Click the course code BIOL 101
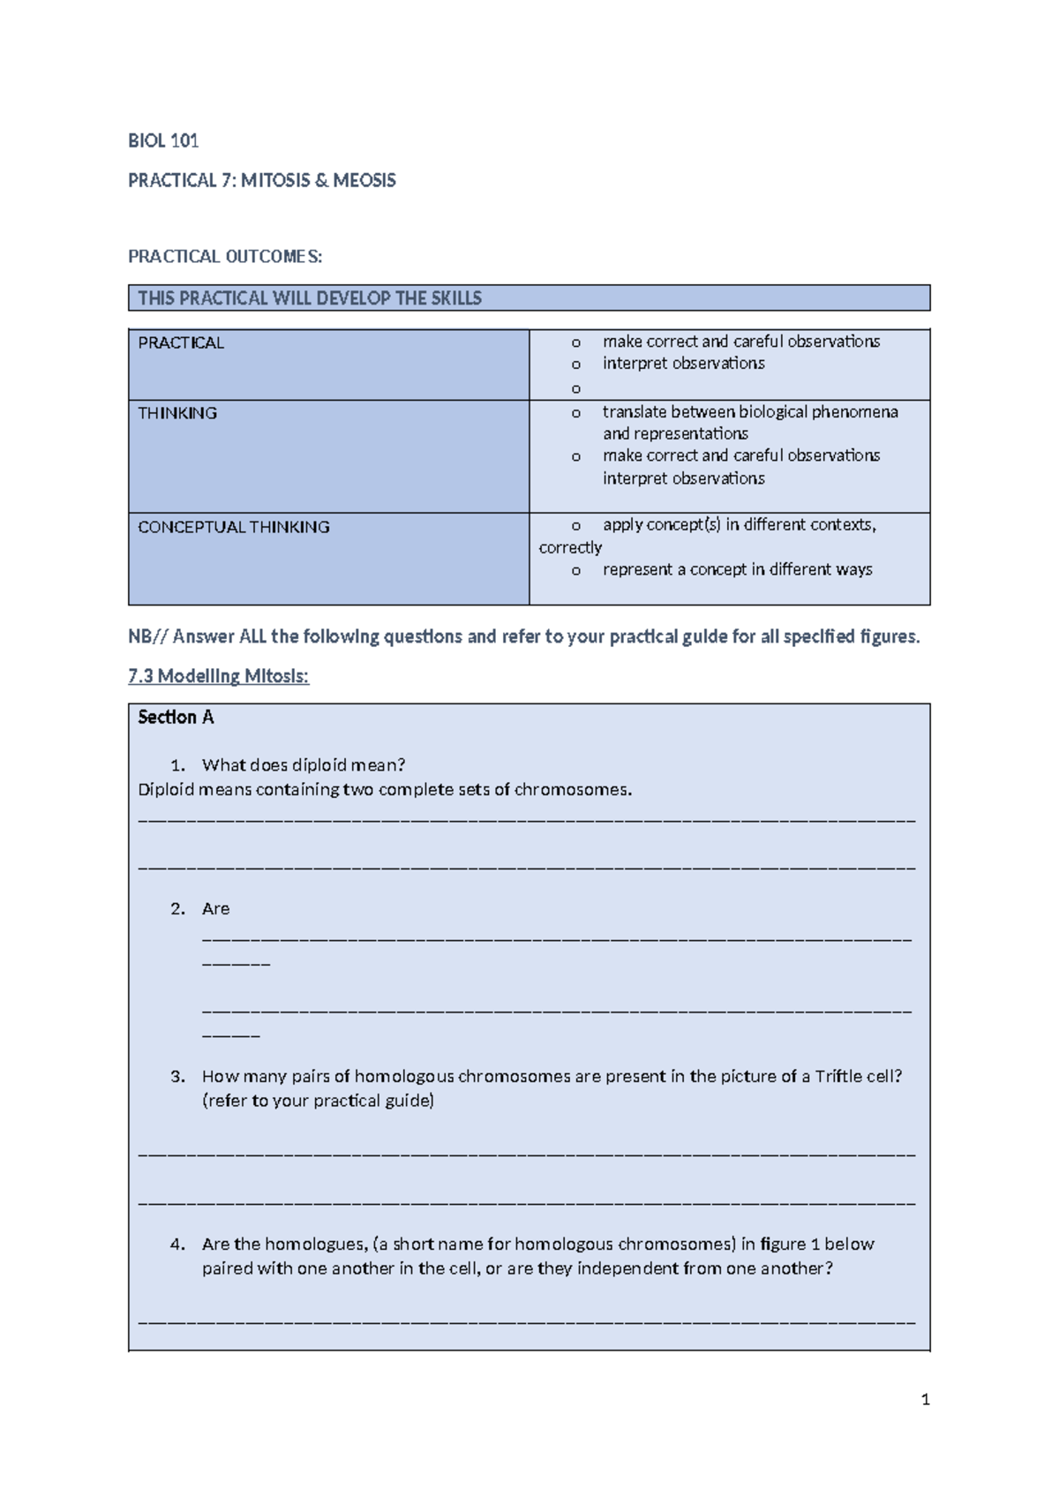[x=163, y=140]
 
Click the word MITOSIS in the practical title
[x=274, y=180]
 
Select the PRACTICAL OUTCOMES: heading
[x=225, y=257]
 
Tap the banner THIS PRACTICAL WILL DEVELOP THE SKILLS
[x=310, y=298]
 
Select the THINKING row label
[x=177, y=413]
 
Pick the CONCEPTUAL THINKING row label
[x=234, y=527]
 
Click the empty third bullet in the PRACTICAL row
[x=576, y=388]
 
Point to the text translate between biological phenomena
[x=750, y=411]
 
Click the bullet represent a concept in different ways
[x=737, y=569]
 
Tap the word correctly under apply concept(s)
[x=570, y=547]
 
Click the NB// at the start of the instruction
[x=147, y=636]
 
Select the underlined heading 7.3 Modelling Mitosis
[x=218, y=676]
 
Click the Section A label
[x=176, y=717]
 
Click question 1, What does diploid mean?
[x=303, y=764]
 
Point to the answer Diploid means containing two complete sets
[x=385, y=789]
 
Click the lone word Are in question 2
[x=215, y=908]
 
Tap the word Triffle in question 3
[x=837, y=1076]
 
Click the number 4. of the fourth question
[x=177, y=1244]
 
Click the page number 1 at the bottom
[x=925, y=1399]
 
